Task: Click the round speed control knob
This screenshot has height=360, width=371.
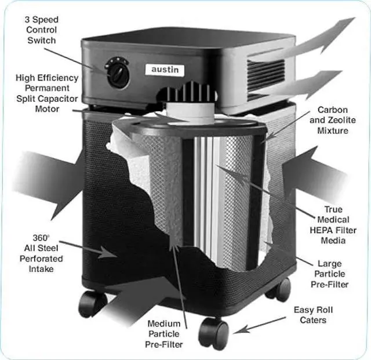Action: (118, 74)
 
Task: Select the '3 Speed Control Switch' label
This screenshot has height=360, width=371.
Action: (41, 30)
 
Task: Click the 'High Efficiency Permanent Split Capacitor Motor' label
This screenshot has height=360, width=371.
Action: (39, 93)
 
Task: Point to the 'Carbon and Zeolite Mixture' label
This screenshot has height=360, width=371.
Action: (332, 120)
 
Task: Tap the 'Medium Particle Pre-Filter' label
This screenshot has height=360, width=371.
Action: (164, 334)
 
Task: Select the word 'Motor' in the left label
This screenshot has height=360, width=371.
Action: (47, 108)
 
